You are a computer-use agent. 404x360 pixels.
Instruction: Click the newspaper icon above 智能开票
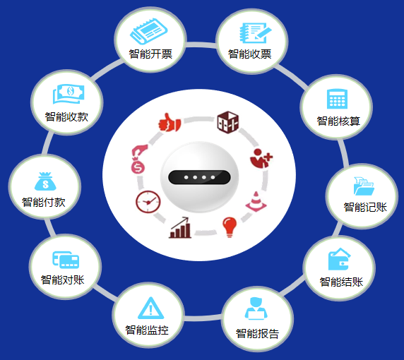click(x=148, y=31)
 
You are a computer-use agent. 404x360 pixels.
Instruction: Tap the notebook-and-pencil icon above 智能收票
click(x=255, y=32)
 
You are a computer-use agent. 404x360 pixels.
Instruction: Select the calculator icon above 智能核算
click(x=337, y=99)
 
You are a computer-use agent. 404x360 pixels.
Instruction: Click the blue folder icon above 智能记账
click(x=364, y=186)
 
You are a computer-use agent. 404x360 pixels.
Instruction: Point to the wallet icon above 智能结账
click(x=339, y=259)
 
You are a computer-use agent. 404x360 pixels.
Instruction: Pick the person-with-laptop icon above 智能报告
click(x=256, y=308)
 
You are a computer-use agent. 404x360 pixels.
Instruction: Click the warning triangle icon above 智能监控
click(x=150, y=308)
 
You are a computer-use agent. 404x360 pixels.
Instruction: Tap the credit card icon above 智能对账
click(x=66, y=260)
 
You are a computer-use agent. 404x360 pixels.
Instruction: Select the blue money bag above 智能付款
click(x=45, y=181)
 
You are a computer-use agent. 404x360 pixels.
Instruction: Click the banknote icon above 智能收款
click(x=69, y=94)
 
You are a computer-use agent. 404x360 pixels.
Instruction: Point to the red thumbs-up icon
click(x=170, y=123)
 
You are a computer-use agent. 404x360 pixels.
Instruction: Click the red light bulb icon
click(x=230, y=227)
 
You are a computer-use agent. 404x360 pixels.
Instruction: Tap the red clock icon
click(x=148, y=202)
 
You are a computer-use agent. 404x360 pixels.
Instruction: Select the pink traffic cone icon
click(x=256, y=202)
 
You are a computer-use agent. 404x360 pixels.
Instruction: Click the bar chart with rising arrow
click(x=180, y=227)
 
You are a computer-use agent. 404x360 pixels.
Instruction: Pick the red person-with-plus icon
click(x=261, y=158)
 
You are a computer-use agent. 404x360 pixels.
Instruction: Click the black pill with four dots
click(x=199, y=177)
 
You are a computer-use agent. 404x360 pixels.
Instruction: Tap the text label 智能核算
click(x=338, y=121)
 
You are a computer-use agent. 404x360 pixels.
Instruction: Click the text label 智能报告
click(x=257, y=333)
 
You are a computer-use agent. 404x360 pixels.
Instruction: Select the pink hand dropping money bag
click(x=139, y=159)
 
